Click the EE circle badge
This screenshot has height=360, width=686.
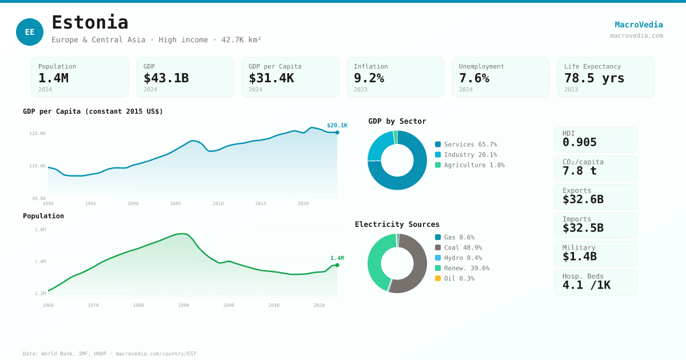click(x=30, y=32)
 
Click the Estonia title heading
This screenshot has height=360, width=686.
click(x=90, y=22)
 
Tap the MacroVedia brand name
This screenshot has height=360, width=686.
click(x=639, y=25)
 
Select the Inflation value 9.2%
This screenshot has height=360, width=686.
click(x=369, y=78)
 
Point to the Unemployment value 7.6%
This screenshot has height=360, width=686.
click(x=474, y=78)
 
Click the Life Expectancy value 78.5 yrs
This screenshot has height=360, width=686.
click(x=594, y=78)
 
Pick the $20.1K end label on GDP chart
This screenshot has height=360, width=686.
click(x=337, y=126)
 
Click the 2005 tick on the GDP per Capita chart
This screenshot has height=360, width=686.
click(x=176, y=203)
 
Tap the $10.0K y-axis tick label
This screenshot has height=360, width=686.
click(x=38, y=166)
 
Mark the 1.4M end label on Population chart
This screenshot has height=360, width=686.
click(x=337, y=258)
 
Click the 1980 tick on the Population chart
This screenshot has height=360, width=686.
click(x=138, y=305)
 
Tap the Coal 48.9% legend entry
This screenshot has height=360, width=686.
click(x=462, y=247)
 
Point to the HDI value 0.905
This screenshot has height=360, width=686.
click(x=579, y=142)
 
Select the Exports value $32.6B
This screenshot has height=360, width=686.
click(x=583, y=199)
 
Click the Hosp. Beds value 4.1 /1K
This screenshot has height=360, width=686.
click(x=586, y=285)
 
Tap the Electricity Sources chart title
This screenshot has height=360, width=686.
click(x=397, y=225)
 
